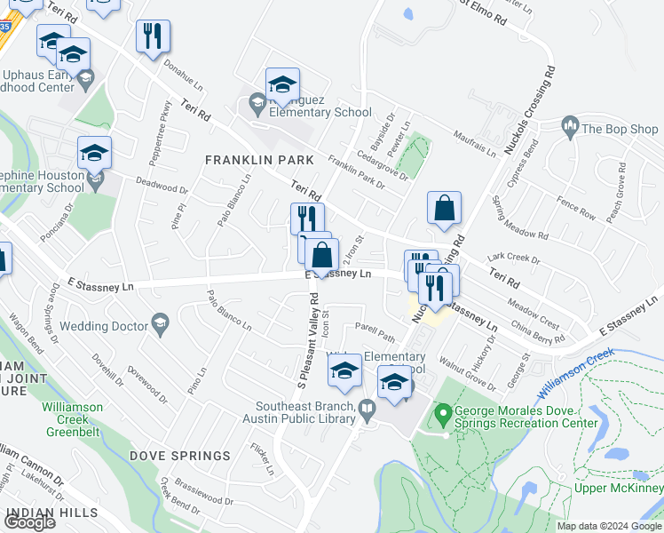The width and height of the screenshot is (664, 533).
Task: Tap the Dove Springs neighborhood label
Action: click(180, 456)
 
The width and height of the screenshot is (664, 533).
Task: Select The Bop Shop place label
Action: click(620, 129)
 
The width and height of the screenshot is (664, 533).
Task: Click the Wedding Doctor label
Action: click(103, 326)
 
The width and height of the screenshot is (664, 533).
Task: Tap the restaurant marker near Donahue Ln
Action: click(153, 37)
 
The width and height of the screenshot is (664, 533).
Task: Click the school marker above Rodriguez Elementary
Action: click(282, 85)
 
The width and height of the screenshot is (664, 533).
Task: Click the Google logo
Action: click(30, 522)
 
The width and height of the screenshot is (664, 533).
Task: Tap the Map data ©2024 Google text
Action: click(609, 526)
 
